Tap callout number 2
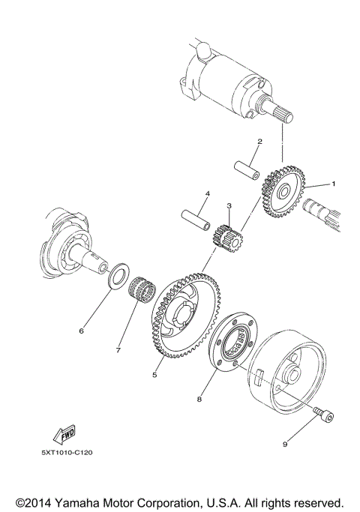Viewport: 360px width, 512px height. tap(259, 141)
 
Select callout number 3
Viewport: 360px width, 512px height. tap(229, 205)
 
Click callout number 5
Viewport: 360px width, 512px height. tap(154, 374)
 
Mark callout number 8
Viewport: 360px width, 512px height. tap(199, 400)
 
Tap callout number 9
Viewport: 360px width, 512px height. tap(286, 445)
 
